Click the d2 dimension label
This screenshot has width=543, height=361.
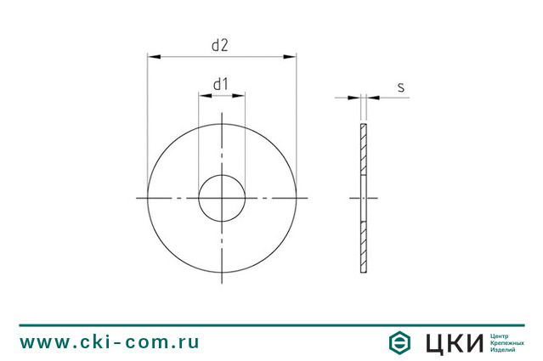[x=220, y=45]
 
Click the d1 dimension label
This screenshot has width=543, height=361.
[x=221, y=84]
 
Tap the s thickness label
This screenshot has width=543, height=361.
[x=401, y=87]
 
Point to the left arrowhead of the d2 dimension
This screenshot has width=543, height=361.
[x=154, y=56]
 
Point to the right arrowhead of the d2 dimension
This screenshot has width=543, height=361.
[x=290, y=56]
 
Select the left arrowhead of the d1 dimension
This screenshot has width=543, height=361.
[x=205, y=95]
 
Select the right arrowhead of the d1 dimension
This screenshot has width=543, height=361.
[x=239, y=95]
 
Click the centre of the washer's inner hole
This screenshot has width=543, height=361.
[x=222, y=198]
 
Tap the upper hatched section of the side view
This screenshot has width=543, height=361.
[x=364, y=149]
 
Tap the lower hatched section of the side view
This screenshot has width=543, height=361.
[x=364, y=247]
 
